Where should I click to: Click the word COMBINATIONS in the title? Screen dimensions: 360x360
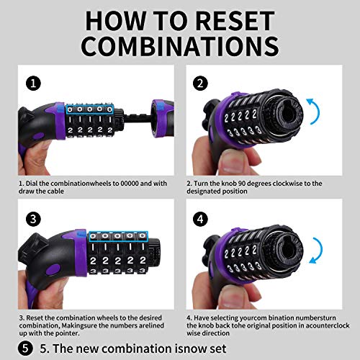180,46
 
